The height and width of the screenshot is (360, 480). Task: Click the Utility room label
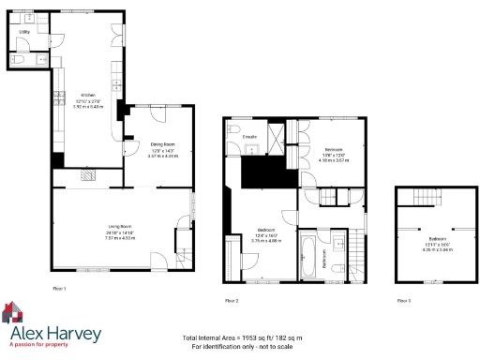tap(24, 32)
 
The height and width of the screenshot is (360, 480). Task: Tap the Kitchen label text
tap(87, 95)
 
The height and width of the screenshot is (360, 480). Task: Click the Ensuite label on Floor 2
tap(249, 137)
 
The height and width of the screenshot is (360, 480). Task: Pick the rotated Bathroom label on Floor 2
tap(325, 264)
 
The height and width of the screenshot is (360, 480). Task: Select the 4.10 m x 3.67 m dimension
tap(334, 160)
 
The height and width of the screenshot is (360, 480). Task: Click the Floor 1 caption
tap(58, 287)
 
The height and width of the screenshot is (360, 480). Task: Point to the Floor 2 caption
tap(232, 300)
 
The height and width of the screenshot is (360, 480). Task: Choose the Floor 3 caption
tap(403, 300)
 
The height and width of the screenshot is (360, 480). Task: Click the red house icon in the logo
tap(12, 312)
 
